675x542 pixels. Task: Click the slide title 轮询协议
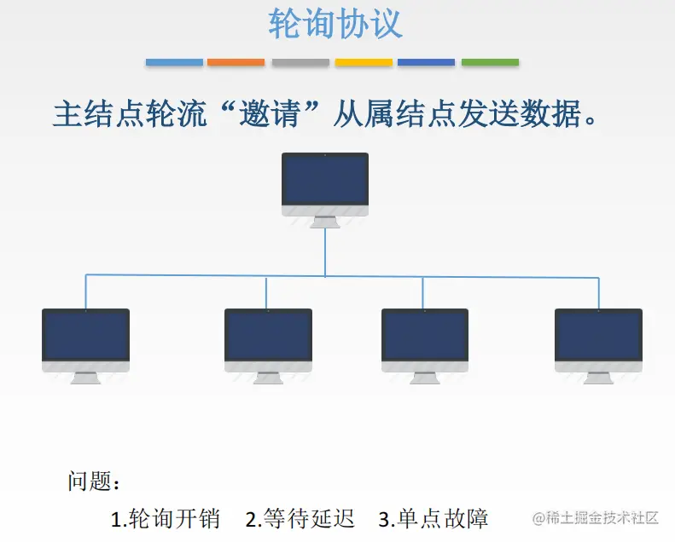click(x=335, y=24)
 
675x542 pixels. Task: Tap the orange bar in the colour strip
click(x=236, y=62)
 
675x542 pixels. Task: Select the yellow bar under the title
click(x=364, y=62)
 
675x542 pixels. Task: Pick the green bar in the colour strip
click(x=490, y=62)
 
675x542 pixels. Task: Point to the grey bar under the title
click(x=300, y=62)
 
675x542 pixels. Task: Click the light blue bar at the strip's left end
click(x=174, y=62)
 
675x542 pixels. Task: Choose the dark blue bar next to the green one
click(x=426, y=62)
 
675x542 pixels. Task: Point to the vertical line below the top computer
click(x=325, y=252)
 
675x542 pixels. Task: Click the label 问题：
click(x=95, y=481)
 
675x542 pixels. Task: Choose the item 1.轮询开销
click(x=166, y=517)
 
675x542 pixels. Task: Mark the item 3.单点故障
click(x=434, y=517)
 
